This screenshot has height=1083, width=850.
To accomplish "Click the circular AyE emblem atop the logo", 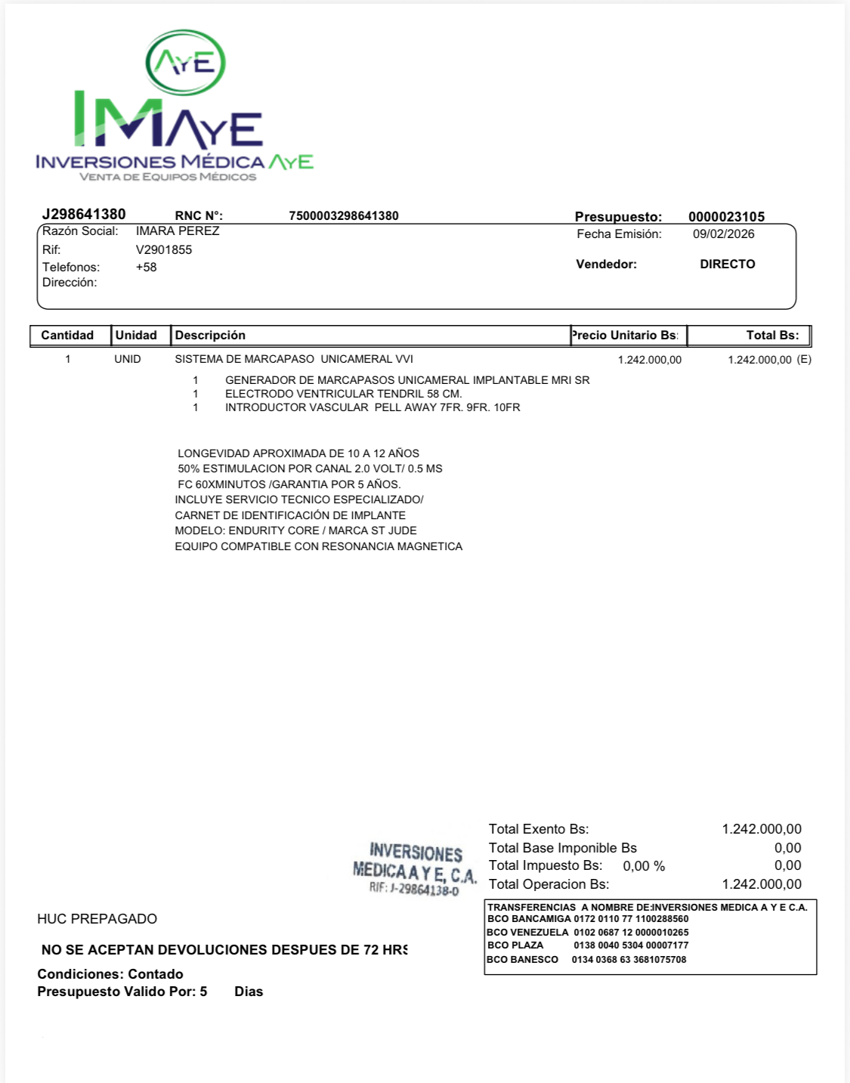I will (185, 63).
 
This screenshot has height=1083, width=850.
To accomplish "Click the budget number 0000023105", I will (726, 217).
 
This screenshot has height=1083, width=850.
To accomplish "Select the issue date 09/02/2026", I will (723, 234).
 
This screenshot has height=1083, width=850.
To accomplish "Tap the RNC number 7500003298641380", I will (344, 216).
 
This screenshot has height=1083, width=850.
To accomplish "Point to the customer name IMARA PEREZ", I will (178, 231).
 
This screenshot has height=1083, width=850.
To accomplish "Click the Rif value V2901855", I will (164, 250).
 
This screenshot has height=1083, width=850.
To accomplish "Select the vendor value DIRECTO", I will (727, 265).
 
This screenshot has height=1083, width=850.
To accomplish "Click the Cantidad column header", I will (67, 336).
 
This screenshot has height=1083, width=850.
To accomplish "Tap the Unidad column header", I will (136, 336).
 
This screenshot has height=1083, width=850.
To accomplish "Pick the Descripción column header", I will (210, 336).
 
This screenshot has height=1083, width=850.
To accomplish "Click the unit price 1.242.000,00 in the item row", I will (649, 360).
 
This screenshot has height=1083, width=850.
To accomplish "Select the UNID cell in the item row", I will (128, 359).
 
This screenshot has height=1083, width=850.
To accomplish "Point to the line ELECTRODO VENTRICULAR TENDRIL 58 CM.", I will (343, 394).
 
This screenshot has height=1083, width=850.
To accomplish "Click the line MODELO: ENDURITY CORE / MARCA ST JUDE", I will (295, 531).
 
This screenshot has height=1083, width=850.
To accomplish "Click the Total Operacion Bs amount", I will (761, 884).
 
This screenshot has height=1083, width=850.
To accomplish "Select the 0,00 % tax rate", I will (644, 866).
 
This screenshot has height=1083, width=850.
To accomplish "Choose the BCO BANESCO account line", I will (586, 960).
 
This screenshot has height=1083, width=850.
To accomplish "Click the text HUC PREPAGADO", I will (97, 919).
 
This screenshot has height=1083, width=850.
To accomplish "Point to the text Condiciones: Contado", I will (110, 974).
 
